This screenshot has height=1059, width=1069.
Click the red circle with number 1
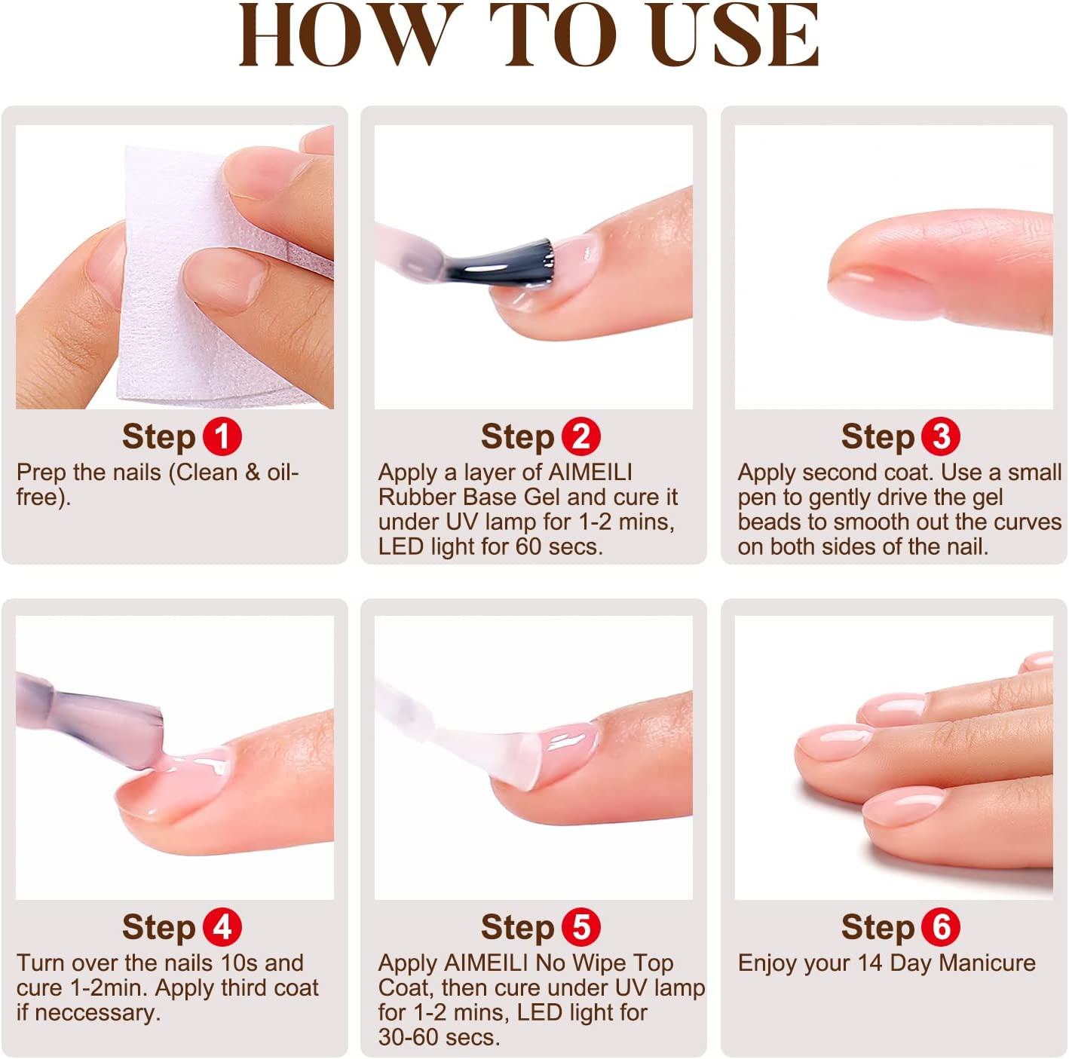pyautogui.click(x=222, y=436)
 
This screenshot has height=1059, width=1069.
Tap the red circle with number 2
pyautogui.click(x=581, y=436)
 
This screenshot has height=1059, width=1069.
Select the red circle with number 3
pyautogui.click(x=941, y=436)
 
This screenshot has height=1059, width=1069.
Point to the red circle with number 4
pyautogui.click(x=222, y=927)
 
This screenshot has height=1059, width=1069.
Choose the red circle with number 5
pyautogui.click(x=581, y=927)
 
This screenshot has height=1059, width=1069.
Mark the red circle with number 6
pyautogui.click(x=941, y=927)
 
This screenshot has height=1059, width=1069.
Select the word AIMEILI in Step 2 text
pyautogui.click(x=590, y=473)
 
